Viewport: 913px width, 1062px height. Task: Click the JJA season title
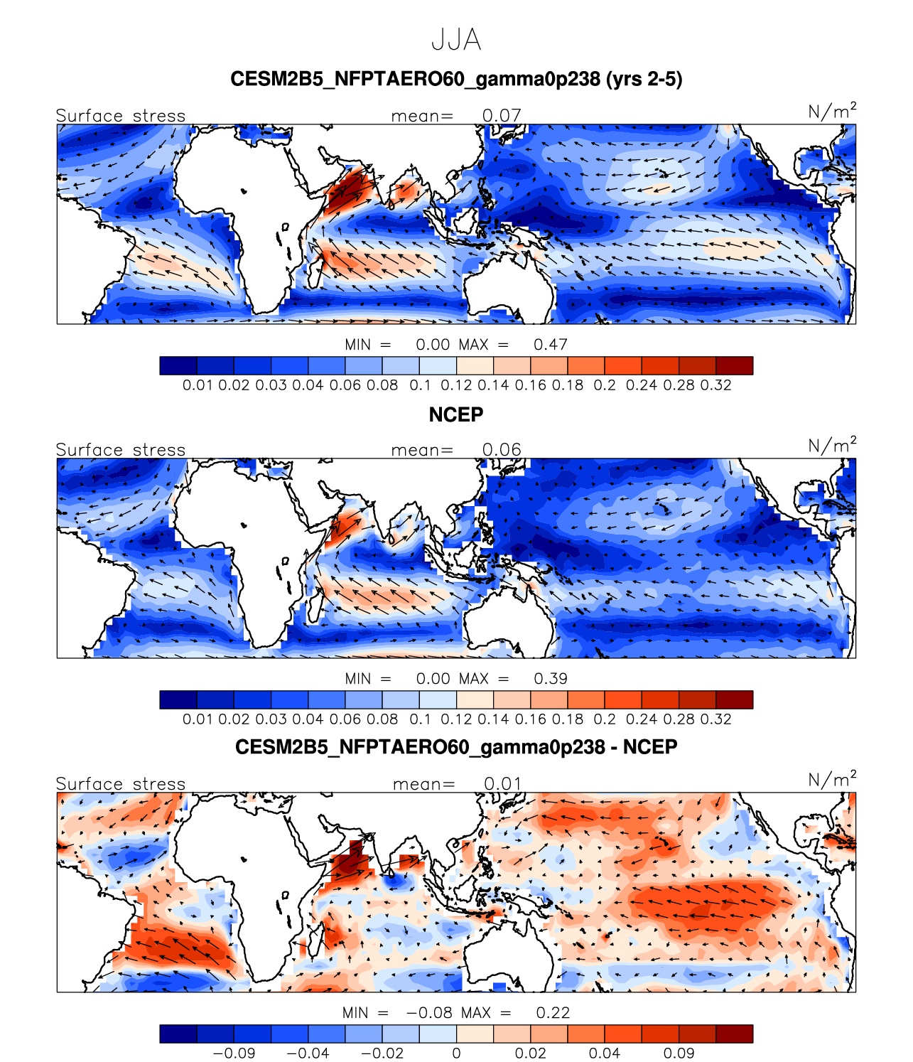456,41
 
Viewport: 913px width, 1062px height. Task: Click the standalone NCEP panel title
456,414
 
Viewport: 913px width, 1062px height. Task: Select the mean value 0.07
502,115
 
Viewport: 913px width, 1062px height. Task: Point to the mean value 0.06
502,449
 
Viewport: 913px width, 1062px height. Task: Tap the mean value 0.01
503,783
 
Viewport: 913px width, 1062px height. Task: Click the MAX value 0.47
551,345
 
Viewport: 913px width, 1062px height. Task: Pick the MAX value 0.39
551,679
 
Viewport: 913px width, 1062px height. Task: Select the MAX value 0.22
553,1013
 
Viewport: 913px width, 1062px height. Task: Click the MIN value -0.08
430,1013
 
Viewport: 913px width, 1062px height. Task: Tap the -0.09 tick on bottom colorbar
234,1053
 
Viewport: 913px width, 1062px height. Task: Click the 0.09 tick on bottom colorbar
679,1053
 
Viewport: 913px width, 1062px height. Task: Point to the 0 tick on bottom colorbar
456,1053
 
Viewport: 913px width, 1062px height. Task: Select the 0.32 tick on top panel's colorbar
715,385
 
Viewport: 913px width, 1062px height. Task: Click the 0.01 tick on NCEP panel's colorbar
197,719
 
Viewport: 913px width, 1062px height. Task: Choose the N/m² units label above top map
832,112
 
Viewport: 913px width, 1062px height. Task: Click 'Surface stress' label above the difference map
121,783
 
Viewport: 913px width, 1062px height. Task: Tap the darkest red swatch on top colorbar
734,365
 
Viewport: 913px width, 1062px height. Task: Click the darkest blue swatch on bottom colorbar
178,1034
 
